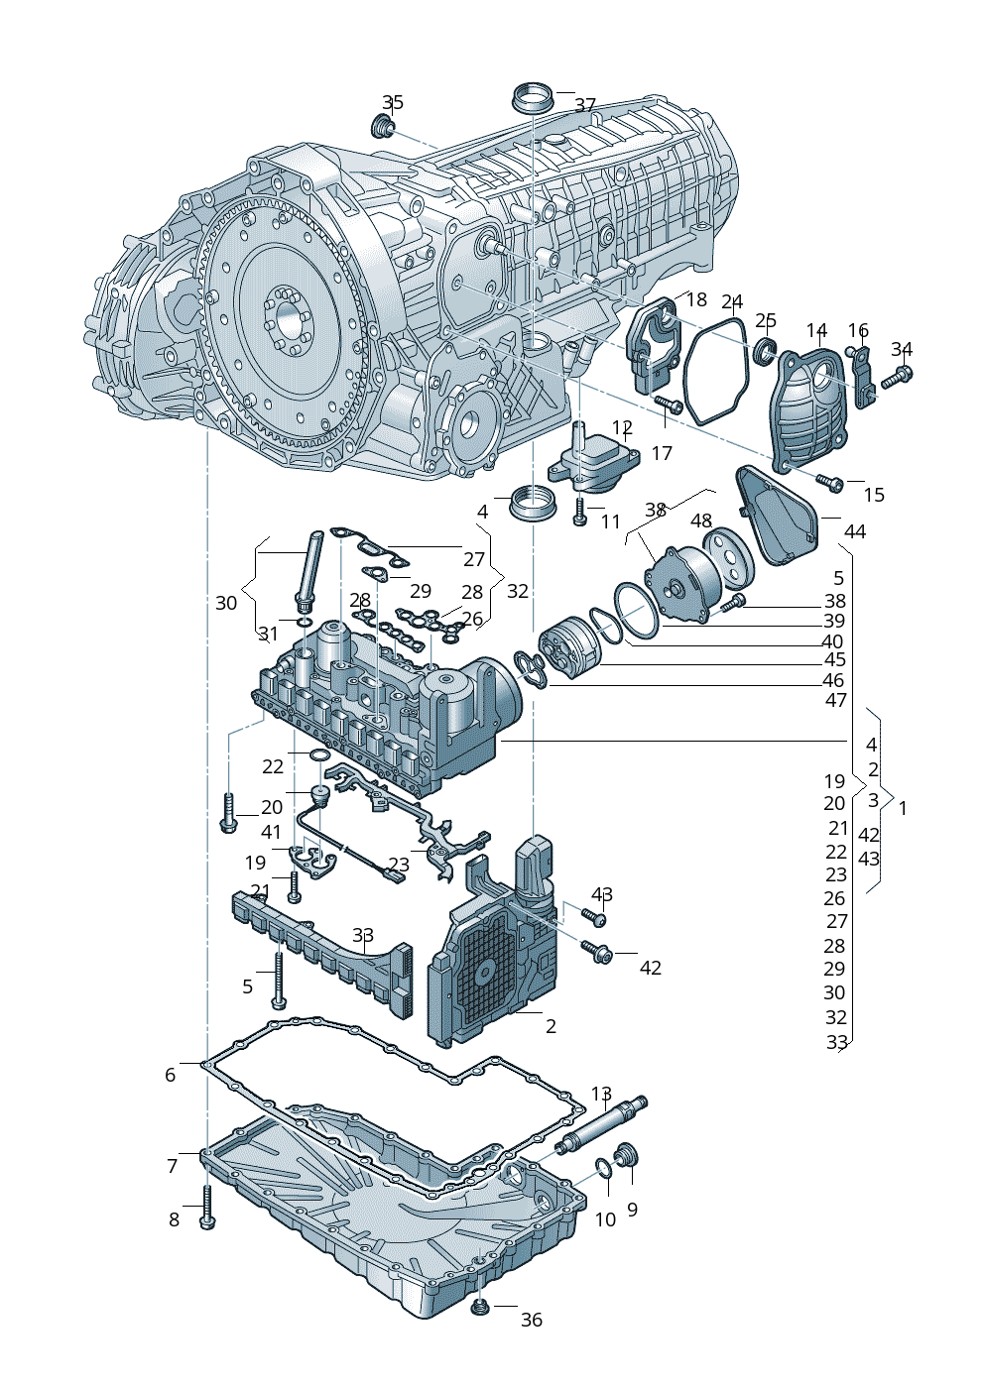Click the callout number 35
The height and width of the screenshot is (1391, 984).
(x=393, y=102)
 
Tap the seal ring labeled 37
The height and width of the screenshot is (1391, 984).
(x=532, y=98)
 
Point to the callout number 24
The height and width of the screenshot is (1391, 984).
(x=732, y=301)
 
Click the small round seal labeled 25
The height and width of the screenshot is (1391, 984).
(x=765, y=349)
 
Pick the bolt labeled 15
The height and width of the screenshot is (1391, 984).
(x=828, y=483)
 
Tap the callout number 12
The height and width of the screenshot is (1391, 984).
(x=622, y=427)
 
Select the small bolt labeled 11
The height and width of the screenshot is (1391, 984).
(x=580, y=511)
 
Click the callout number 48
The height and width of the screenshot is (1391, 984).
(x=701, y=521)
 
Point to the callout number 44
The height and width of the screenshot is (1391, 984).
(x=854, y=531)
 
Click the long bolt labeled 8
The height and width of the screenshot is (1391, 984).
(x=206, y=1207)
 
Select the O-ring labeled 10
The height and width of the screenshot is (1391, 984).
(x=604, y=1170)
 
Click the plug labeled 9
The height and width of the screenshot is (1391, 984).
(x=627, y=1156)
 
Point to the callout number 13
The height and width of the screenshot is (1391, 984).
(x=601, y=1094)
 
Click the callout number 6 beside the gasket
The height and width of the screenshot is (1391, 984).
(x=171, y=1075)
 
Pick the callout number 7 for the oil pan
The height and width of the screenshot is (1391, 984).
(x=173, y=1166)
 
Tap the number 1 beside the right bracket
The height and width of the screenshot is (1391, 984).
(x=902, y=808)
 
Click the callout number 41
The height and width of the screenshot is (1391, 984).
(x=272, y=832)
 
